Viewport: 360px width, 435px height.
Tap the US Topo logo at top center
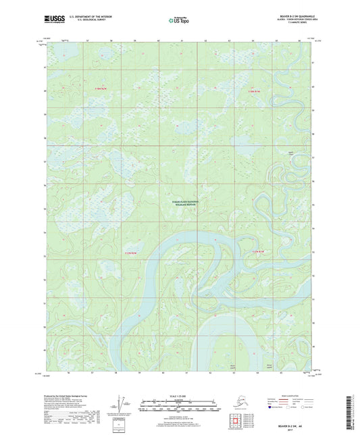click(x=179, y=20)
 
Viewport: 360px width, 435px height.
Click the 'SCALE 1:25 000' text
click(x=180, y=386)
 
